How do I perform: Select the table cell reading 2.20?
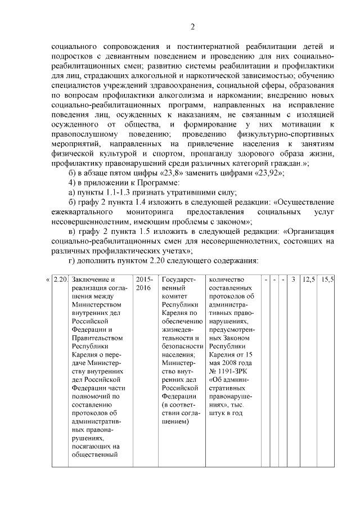point(60,280)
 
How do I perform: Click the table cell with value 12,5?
point(309,280)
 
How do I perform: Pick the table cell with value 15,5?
point(328,280)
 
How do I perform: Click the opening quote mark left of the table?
point(47,280)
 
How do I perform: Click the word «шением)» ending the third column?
point(175,420)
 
